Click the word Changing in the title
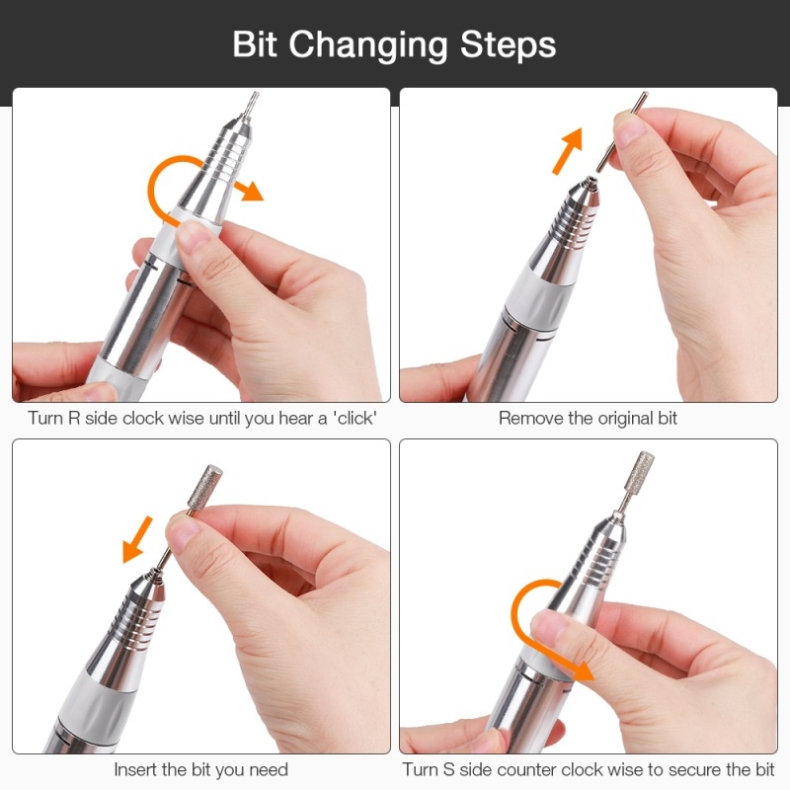click(x=367, y=45)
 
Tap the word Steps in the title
click(x=508, y=45)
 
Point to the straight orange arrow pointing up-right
click(x=569, y=151)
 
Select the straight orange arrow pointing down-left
click(x=137, y=539)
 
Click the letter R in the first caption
click(x=74, y=418)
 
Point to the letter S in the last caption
click(x=448, y=770)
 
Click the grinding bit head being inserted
click(x=205, y=486)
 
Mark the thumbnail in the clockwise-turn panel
click(x=193, y=235)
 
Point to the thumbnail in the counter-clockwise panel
click(x=549, y=624)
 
